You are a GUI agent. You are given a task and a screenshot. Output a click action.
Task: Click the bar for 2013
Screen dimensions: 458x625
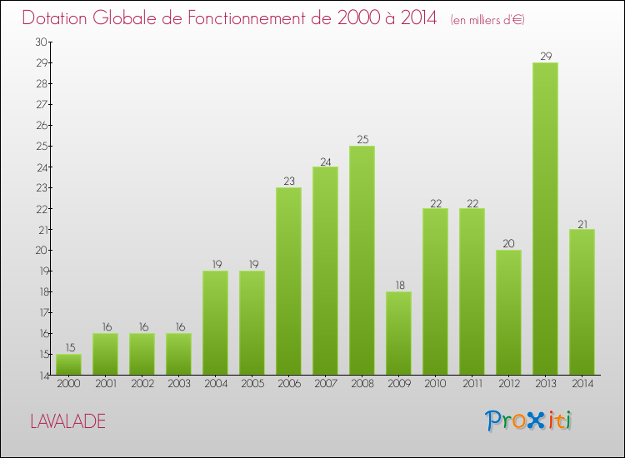[545, 218]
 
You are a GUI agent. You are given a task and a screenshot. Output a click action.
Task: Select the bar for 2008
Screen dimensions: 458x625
[362, 260]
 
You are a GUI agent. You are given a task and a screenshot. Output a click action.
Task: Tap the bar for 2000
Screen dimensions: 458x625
[68, 364]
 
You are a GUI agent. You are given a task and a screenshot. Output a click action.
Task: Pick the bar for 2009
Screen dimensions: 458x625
[398, 333]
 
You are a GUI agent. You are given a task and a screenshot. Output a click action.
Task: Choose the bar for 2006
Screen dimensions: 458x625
[288, 281]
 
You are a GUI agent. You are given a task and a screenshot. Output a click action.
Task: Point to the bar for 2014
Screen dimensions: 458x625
[582, 301]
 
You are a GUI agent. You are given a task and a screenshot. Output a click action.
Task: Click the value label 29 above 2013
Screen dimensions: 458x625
[545, 56]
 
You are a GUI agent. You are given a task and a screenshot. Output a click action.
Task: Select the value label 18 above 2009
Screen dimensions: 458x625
[398, 285]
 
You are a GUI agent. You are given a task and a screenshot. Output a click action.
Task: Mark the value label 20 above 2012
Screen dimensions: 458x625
[508, 243]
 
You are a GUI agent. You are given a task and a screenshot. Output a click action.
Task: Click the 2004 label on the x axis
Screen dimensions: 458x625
[215, 383]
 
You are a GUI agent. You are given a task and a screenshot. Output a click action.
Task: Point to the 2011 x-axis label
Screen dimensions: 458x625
[472, 383]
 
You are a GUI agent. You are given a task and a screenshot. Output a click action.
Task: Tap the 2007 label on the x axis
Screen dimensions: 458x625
[325, 383]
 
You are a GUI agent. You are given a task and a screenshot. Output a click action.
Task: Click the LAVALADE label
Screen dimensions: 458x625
[68, 421]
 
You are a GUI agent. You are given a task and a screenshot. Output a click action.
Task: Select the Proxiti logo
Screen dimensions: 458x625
[529, 421]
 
